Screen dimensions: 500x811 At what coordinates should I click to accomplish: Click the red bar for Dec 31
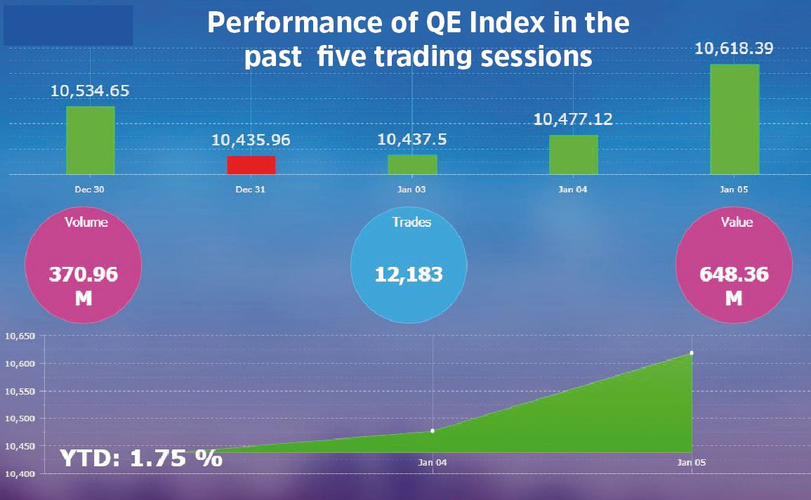[251, 165]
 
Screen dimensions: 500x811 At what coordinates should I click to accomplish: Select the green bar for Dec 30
[90, 140]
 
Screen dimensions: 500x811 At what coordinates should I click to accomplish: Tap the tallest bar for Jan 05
[734, 119]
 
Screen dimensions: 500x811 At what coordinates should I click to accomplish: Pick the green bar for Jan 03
[412, 164]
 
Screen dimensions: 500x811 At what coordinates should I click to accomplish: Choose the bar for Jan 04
[573, 154]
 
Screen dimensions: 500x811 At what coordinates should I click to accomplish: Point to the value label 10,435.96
[251, 140]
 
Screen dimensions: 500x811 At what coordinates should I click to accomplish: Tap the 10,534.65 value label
[90, 91]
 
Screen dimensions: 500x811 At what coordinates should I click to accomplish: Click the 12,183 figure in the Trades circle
[409, 274]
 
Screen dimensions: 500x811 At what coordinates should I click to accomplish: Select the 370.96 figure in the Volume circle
[83, 275]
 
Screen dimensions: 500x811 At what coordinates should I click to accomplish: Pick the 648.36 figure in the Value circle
[734, 275]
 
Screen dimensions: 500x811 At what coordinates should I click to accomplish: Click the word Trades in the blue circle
[411, 223]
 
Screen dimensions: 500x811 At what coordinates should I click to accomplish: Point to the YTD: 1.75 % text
[140, 459]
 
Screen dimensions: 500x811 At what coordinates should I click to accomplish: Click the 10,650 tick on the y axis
[18, 336]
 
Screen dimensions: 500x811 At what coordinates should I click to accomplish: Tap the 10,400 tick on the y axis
[18, 475]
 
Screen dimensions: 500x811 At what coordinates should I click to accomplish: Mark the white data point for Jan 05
[692, 353]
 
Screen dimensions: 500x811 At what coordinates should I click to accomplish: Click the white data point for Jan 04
[433, 430]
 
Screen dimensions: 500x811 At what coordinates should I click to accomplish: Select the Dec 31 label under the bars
[251, 190]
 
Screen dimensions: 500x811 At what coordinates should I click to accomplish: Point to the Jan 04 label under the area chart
[433, 462]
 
